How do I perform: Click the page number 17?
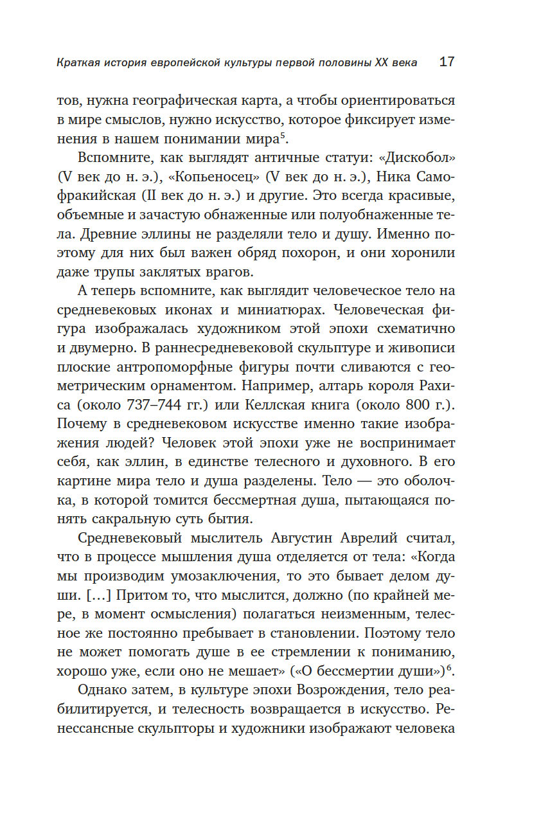click(x=447, y=62)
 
